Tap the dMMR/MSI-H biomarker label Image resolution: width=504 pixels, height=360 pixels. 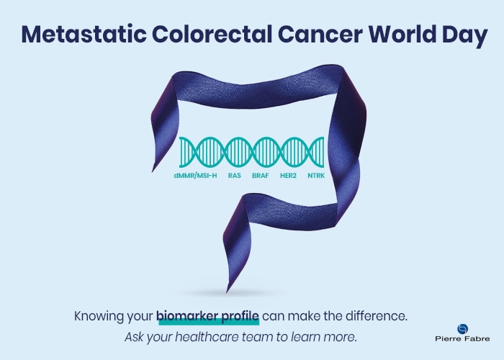pos(194,174)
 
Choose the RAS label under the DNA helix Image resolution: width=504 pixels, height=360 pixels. pos(234,174)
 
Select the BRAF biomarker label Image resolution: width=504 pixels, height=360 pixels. pos(261,174)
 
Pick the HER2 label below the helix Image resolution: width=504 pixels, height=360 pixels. pos(289,174)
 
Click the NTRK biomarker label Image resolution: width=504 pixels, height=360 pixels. pos(317,174)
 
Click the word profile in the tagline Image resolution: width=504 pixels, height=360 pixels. pos(239,316)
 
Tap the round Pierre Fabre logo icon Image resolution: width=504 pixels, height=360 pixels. pos(462,329)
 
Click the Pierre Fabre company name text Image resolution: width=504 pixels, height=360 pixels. pos(462,340)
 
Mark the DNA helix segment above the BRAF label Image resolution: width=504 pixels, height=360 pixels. pos(265,152)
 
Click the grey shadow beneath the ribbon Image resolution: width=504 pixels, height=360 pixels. pos(248,292)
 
